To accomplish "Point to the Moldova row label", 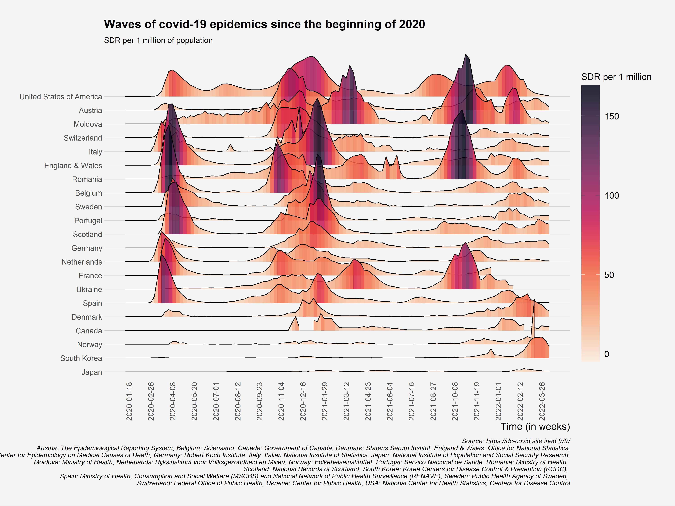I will (x=88, y=124).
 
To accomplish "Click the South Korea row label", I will (x=81, y=358).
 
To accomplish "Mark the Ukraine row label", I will (x=89, y=289).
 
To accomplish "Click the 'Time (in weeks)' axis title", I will (x=535, y=426).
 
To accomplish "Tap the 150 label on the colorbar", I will (x=612, y=117).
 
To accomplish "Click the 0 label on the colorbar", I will (x=607, y=354).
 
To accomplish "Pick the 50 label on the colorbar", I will (x=609, y=275).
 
